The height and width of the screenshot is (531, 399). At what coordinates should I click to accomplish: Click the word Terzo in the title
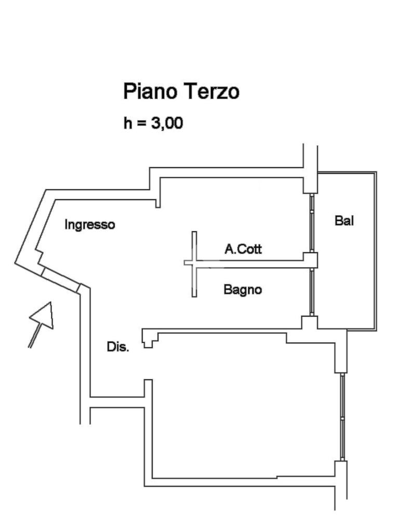pos(211,92)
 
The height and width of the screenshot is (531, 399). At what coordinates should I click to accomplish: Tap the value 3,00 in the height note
pos(166,123)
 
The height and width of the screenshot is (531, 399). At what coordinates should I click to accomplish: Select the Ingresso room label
pos(89,225)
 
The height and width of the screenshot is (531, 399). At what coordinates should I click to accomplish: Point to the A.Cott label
pos(243,249)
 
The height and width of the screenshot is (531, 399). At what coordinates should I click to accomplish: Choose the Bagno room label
pos(243,289)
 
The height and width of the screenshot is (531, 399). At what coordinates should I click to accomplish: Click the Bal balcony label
pos(344,221)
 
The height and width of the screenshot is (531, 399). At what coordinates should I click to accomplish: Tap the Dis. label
pos(118,347)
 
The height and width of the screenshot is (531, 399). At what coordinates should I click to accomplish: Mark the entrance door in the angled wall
pos(60,277)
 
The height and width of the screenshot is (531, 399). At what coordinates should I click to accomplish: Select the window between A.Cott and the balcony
pos(312,223)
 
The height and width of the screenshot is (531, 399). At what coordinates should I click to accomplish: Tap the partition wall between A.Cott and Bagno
pos(249,263)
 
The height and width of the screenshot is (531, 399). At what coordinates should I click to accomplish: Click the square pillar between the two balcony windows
pos(311,260)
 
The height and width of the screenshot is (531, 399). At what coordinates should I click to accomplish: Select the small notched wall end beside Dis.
pos(149,340)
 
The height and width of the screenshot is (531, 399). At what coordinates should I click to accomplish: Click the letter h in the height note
pos(128,123)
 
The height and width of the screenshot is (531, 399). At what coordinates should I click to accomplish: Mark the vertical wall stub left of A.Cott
pos(194,263)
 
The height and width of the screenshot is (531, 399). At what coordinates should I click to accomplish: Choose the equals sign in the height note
pos(141,124)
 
